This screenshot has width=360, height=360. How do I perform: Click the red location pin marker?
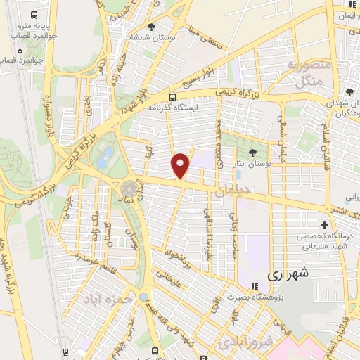pos(181,165)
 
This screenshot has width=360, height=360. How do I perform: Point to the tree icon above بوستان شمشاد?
pos(151,26)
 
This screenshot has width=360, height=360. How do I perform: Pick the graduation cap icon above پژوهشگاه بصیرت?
pos(254,286)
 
